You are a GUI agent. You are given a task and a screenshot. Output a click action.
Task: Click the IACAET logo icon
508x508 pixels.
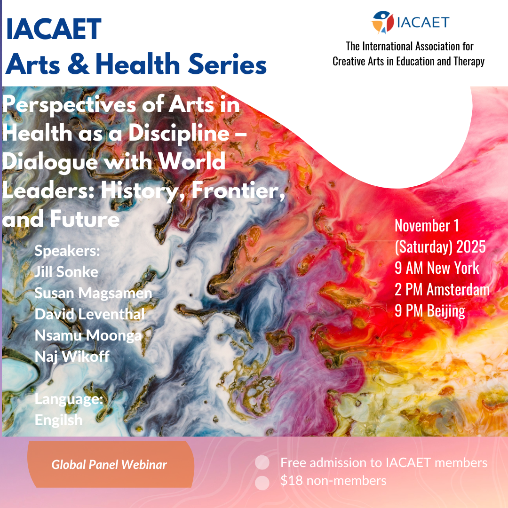(x=382, y=23)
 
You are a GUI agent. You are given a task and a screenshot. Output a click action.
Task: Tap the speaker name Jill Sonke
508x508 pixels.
(x=66, y=272)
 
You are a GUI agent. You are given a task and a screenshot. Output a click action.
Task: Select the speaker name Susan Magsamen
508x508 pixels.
(x=93, y=293)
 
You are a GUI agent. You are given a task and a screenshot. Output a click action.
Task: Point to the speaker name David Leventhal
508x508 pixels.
(x=90, y=314)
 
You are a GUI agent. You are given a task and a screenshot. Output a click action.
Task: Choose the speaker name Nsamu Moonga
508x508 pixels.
(x=88, y=336)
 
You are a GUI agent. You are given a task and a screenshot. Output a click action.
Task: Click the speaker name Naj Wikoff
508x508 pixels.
(x=72, y=357)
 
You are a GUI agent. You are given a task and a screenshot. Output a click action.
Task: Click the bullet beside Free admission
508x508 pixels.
(x=262, y=462)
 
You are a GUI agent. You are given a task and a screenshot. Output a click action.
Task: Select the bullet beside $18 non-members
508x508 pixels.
(x=262, y=483)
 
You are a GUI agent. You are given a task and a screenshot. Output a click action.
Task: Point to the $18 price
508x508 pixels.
(x=292, y=480)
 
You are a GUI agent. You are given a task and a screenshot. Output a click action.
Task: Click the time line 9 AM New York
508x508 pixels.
(x=437, y=268)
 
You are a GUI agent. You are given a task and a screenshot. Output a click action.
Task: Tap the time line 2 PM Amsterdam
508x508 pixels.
(x=442, y=289)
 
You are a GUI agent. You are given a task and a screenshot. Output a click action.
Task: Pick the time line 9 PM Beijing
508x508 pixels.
(x=430, y=311)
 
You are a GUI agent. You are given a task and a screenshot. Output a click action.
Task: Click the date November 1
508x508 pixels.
(x=427, y=225)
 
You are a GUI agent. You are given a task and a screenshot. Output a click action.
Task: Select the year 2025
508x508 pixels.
(x=471, y=247)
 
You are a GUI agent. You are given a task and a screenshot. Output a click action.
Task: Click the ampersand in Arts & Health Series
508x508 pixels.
(x=78, y=64)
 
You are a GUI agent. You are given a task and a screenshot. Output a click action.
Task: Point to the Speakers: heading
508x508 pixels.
(x=67, y=250)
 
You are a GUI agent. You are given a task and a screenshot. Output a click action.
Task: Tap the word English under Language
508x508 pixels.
(x=58, y=420)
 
